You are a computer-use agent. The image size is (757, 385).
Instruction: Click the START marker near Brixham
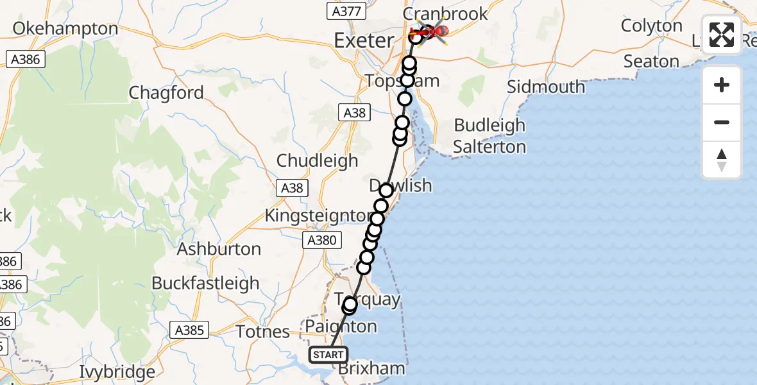tap(328, 355)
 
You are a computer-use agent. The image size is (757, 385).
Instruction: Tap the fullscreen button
tap(722, 35)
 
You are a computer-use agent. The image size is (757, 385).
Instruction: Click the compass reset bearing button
tap(722, 160)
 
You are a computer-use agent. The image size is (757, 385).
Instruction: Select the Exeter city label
tap(364, 41)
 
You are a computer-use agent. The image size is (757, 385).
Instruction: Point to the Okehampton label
tap(65, 29)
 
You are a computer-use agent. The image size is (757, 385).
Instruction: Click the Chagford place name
tap(166, 93)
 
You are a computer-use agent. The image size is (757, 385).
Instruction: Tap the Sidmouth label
tap(546, 87)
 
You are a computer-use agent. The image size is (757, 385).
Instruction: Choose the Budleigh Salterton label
tap(489, 135)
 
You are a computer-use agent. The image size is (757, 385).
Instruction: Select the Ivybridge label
tap(117, 372)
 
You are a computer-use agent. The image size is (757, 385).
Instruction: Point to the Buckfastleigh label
tap(205, 283)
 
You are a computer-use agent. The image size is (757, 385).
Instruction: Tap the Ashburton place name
tap(219, 249)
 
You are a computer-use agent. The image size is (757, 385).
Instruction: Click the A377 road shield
tap(346, 11)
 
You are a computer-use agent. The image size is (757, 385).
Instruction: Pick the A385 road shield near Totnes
tap(190, 330)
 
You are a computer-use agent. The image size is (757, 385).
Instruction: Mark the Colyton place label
tap(652, 26)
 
